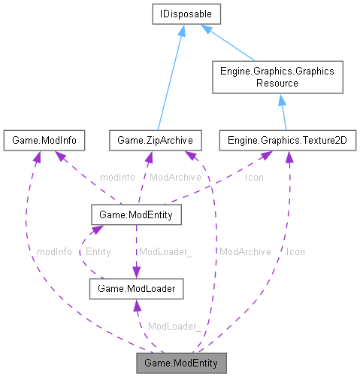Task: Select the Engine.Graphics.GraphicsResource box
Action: (278, 77)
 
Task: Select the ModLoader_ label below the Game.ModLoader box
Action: (174, 326)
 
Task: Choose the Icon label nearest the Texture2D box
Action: (255, 178)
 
